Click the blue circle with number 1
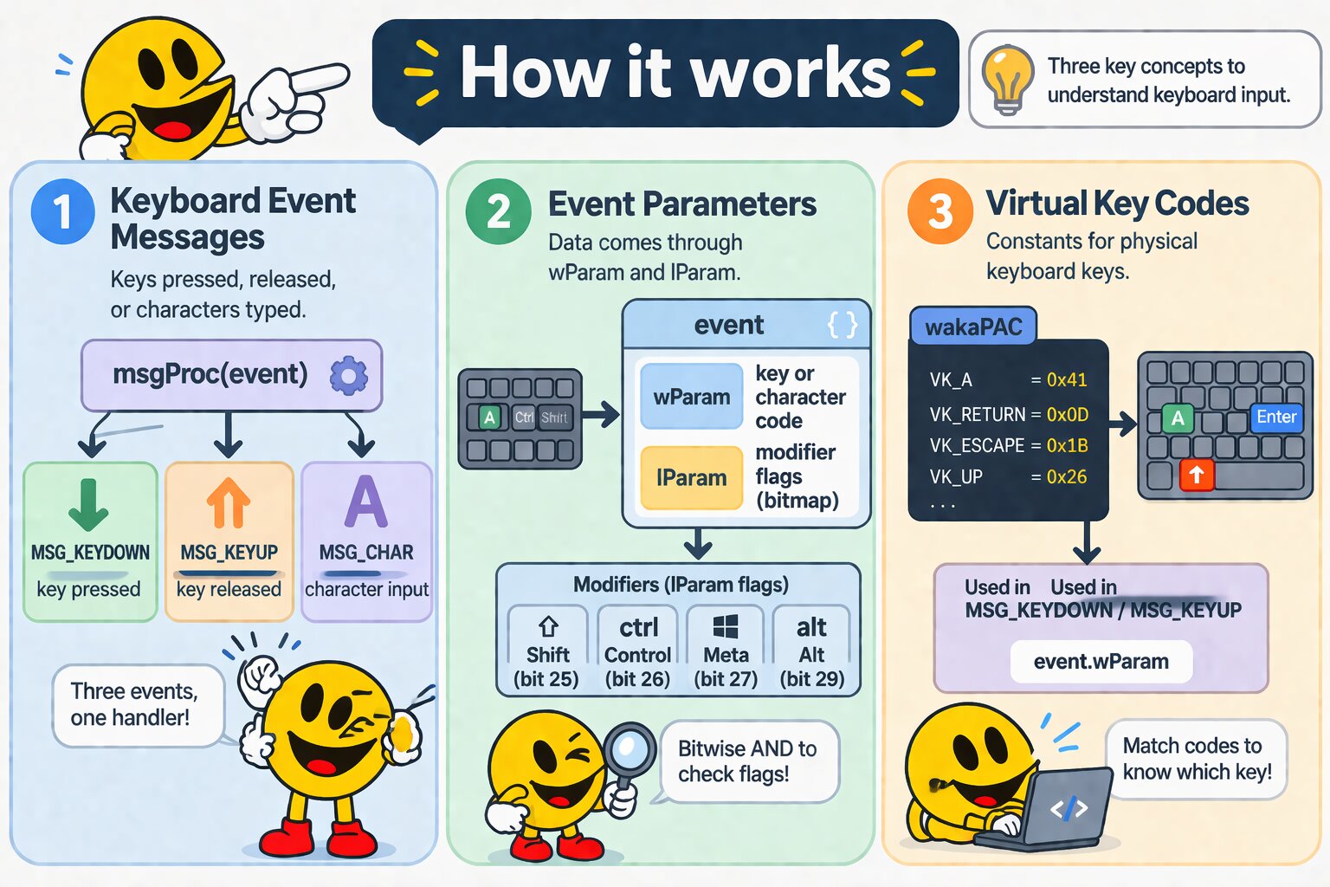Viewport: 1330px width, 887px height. coord(62,212)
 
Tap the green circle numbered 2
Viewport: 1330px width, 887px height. coord(498,212)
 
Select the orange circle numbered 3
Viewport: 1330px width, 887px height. coord(939,212)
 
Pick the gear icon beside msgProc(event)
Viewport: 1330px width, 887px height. coord(349,376)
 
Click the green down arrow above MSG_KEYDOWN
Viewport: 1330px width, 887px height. coord(88,504)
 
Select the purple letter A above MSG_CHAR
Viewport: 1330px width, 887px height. coord(365,502)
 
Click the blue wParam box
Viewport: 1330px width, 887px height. coord(691,397)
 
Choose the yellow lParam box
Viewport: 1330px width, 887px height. coord(691,477)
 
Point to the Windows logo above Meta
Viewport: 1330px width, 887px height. coord(726,626)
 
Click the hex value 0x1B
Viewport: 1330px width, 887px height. coord(1067,445)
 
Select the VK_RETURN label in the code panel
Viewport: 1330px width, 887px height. coord(977,415)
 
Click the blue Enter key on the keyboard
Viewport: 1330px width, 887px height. coord(1276,418)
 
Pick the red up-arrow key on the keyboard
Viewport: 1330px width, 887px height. coord(1197,475)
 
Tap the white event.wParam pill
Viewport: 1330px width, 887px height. coord(1101,662)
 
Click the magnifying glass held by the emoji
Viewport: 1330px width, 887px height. coord(629,749)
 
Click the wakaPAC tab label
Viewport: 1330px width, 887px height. coord(973,327)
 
